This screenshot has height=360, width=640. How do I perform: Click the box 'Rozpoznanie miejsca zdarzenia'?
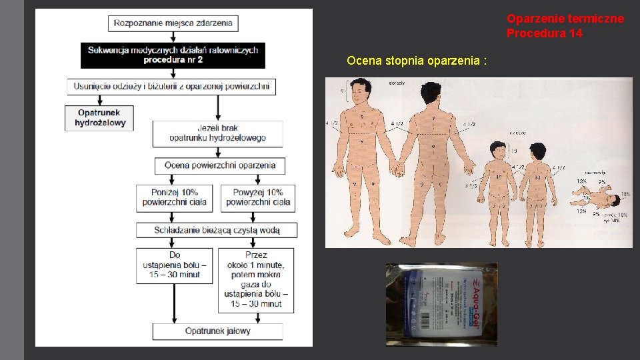173,23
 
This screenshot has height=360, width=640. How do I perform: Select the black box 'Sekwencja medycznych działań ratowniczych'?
173,55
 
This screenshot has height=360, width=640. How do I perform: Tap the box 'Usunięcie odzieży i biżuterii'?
171,86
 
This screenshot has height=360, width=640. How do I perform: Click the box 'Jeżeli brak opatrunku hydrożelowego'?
217,133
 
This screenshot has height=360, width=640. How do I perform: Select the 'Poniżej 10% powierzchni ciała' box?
175,197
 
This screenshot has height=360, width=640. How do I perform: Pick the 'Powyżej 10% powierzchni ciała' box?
258,197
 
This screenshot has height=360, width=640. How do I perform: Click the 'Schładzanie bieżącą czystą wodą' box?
217,230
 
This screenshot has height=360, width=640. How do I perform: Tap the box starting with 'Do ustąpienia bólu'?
175,265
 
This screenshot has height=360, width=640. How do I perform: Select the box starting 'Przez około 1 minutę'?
256,279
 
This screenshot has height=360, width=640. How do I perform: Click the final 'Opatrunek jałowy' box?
217,331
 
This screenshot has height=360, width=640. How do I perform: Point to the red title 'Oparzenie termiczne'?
565,19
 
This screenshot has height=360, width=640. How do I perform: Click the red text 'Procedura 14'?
544,33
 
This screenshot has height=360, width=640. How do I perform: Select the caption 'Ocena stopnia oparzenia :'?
417,61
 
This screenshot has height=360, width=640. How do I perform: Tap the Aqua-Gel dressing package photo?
441,303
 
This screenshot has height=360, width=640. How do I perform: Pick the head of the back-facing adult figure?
431,90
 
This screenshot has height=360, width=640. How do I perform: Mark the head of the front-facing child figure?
497,152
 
